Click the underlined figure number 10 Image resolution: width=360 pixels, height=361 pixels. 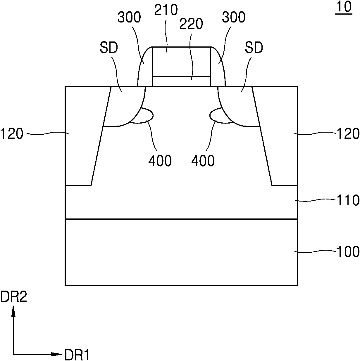(x=344, y=7)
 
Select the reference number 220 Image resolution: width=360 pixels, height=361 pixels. (x=191, y=24)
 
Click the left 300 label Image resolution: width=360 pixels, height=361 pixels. (x=129, y=17)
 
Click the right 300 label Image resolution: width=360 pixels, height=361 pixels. (x=234, y=17)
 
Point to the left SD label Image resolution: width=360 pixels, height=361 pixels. (x=109, y=48)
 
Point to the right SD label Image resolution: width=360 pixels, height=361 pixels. (x=254, y=48)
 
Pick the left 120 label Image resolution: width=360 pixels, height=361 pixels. (x=12, y=133)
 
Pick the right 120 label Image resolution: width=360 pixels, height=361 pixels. (x=348, y=133)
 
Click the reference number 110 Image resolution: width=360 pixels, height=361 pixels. (x=348, y=200)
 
